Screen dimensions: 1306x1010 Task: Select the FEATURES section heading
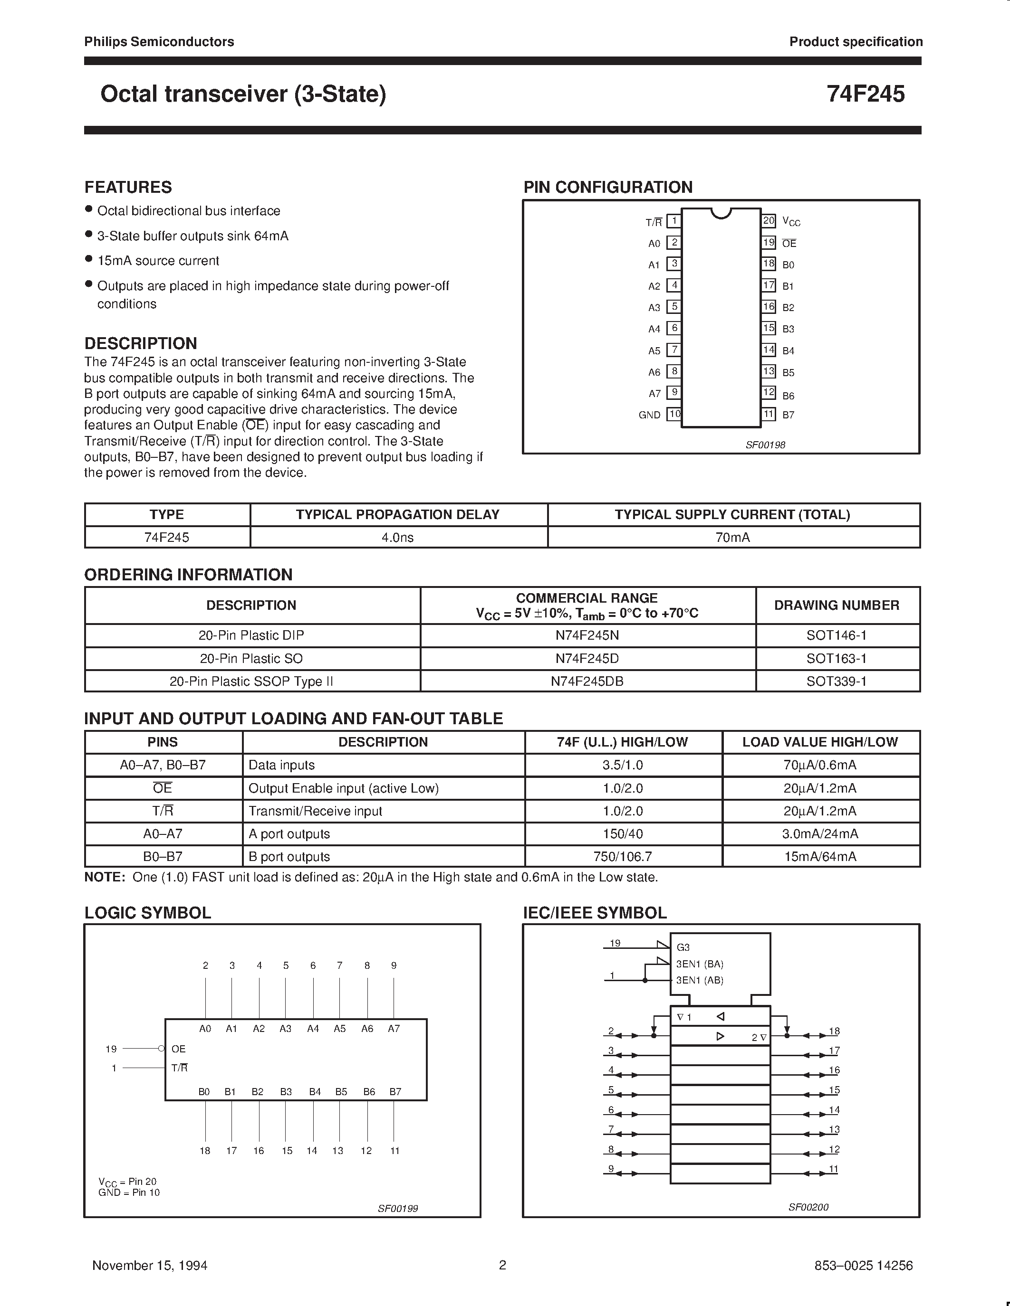coord(128,187)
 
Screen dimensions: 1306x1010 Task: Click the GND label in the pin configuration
coord(649,415)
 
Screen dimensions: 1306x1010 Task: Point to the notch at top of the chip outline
coord(721,213)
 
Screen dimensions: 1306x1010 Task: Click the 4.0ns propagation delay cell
coord(398,538)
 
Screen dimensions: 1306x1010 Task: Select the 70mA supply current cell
coord(732,538)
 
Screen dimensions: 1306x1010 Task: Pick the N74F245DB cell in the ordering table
coord(587,681)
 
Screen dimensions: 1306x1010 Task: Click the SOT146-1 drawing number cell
coord(837,635)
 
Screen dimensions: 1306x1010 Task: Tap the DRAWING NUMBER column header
coord(837,605)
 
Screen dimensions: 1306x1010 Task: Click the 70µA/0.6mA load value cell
coord(820,765)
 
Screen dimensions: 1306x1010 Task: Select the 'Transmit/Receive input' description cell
coord(315,811)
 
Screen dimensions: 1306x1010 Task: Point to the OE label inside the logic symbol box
coord(178,1049)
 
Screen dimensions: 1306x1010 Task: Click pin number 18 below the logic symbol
coord(205,1151)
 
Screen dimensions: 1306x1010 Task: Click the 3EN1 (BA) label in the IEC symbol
coord(700,964)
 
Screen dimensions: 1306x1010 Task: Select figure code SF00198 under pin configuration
coord(765,445)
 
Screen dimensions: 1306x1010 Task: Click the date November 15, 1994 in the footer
coord(150,1265)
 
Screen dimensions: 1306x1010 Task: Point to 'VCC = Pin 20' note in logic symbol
coord(127,1181)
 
